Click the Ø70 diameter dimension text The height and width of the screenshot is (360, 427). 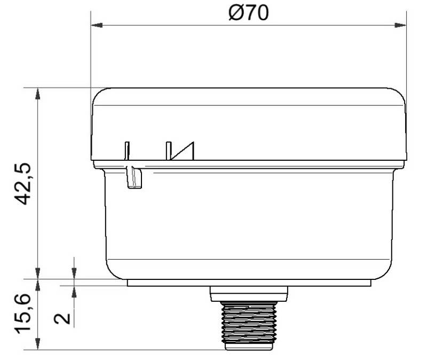(249, 12)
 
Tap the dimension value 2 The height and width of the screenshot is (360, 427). (62, 318)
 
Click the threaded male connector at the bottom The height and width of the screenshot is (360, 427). (249, 325)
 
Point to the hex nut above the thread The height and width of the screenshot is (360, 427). (249, 293)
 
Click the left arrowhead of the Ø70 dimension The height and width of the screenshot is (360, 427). (96, 25)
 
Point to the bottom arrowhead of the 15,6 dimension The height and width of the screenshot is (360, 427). (37, 346)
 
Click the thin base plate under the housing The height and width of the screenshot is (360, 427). (249, 283)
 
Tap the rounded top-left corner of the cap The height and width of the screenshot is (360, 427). (98, 95)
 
